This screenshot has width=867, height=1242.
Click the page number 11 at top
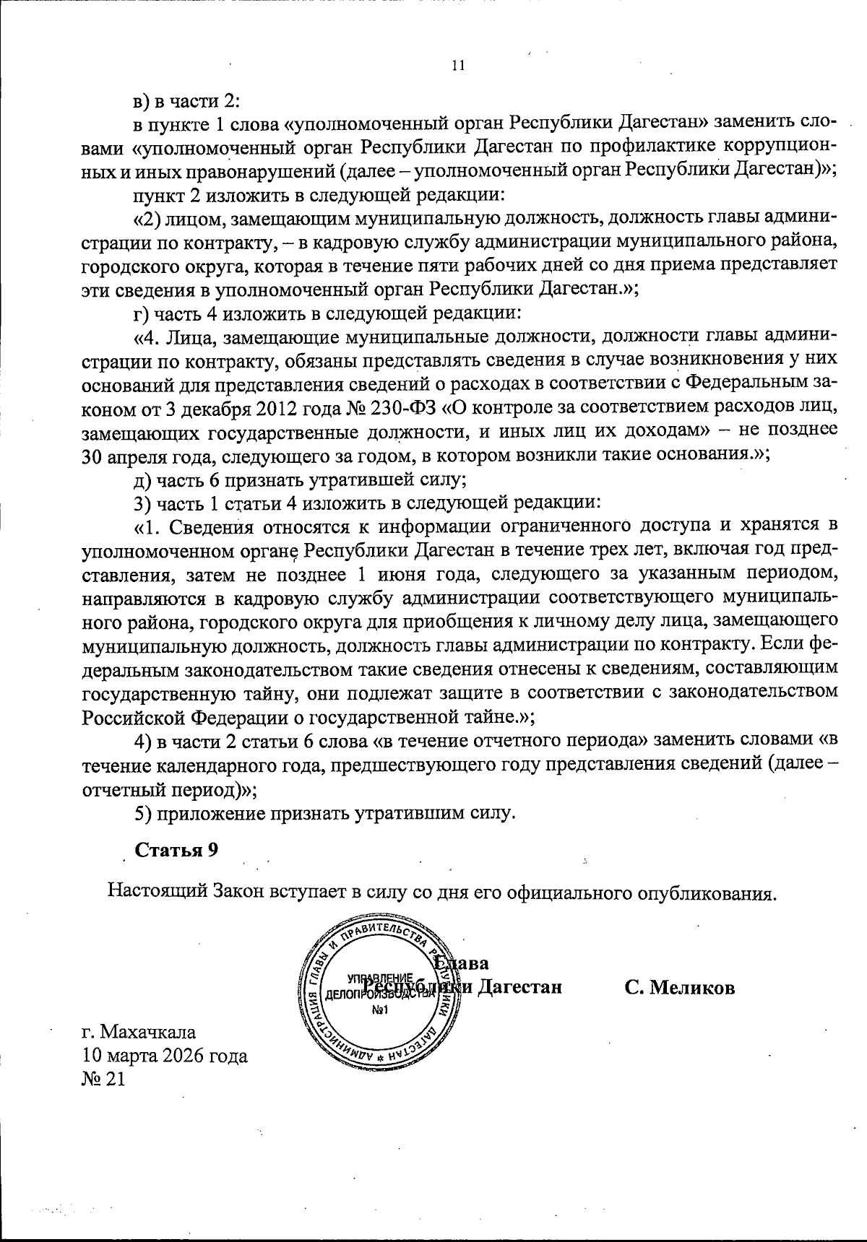[x=457, y=66]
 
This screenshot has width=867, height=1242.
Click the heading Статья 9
[x=177, y=850]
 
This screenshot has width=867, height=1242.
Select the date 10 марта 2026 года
[x=165, y=1056]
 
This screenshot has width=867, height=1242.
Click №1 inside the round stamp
[x=379, y=1009]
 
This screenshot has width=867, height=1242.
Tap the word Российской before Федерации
[x=134, y=716]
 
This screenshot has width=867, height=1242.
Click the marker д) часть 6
[x=142, y=477]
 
